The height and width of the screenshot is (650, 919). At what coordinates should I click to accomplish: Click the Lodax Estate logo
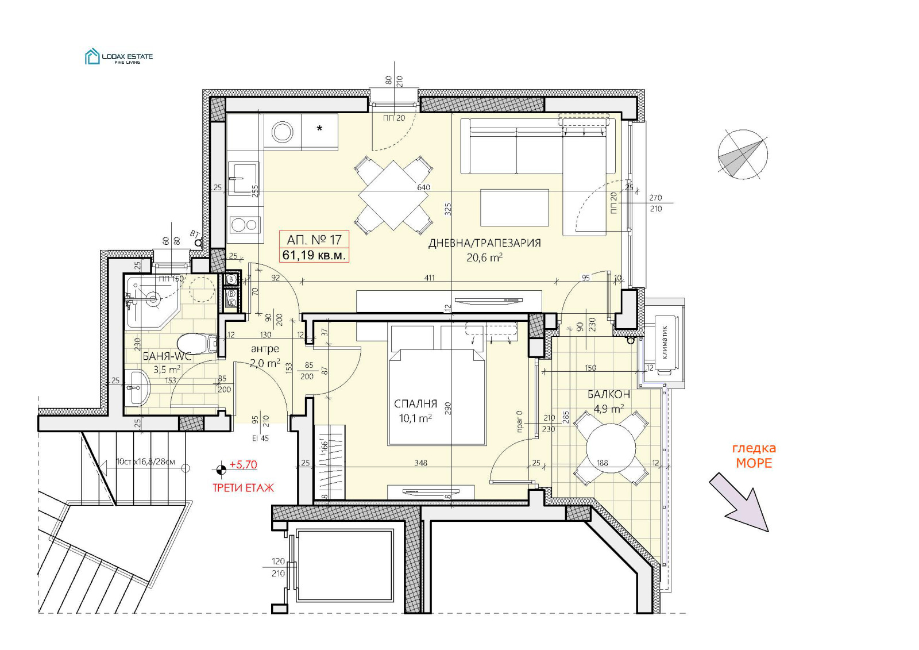pos(118,57)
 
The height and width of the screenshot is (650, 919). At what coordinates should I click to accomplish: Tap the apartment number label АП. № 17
pos(314,240)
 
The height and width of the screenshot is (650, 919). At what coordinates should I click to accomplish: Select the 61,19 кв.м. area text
pos(314,255)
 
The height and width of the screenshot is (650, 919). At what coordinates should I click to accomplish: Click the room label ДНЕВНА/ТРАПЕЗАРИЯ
pos(484,243)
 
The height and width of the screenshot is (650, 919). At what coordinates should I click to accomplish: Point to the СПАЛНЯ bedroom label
pos(415,404)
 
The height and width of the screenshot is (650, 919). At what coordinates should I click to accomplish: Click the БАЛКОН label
pos(608,394)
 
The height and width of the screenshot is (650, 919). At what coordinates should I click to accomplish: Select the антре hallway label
pos(265,349)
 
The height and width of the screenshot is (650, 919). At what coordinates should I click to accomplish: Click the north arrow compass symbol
pos(743,153)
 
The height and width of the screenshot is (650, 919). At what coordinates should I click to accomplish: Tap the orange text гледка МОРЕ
pos(754,456)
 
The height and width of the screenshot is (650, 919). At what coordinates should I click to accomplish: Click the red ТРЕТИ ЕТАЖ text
pos(243,488)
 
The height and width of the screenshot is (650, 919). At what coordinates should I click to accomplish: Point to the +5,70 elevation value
pos(243,465)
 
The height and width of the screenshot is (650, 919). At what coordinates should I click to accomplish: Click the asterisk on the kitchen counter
pos(319,128)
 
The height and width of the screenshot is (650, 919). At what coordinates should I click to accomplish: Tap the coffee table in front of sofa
pos(515,207)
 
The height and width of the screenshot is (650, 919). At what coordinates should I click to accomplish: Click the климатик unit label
pos(665,343)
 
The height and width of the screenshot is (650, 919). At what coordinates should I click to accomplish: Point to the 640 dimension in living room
pos(423,187)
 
